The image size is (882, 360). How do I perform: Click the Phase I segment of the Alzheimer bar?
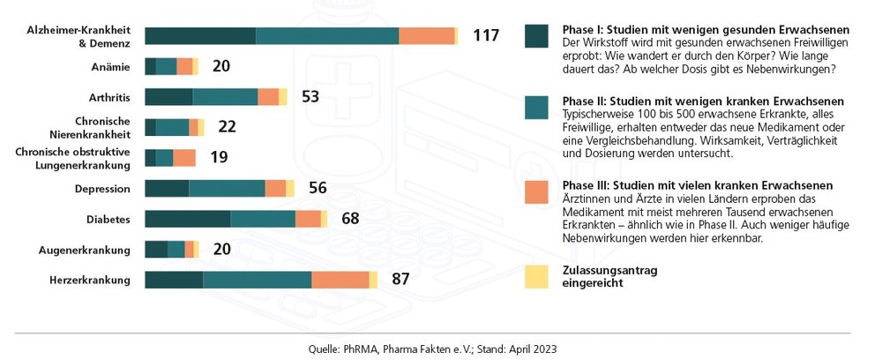click(x=200, y=35)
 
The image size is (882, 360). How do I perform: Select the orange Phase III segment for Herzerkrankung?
click(x=340, y=280)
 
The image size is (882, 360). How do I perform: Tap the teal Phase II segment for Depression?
click(x=227, y=188)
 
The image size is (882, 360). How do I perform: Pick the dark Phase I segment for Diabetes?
click(x=187, y=219)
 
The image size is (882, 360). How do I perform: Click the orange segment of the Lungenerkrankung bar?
click(x=184, y=158)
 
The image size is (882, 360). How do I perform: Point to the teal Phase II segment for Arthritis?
click(x=225, y=97)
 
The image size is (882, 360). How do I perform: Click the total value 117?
click(x=486, y=36)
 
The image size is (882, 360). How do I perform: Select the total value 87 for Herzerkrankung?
click(x=401, y=280)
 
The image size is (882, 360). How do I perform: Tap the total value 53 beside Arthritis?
click(x=310, y=96)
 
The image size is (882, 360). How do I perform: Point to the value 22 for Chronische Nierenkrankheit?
click(x=227, y=127)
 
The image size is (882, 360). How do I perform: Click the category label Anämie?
click(x=110, y=66)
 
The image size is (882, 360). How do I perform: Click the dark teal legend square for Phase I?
click(x=536, y=35)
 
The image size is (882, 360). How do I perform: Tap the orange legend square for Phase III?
click(x=536, y=192)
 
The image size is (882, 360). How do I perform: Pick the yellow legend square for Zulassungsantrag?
click(x=536, y=276)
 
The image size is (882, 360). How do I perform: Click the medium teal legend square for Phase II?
click(x=536, y=108)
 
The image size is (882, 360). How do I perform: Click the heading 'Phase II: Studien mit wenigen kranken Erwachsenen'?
click(x=702, y=101)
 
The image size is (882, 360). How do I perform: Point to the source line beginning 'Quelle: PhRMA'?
click(x=432, y=349)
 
